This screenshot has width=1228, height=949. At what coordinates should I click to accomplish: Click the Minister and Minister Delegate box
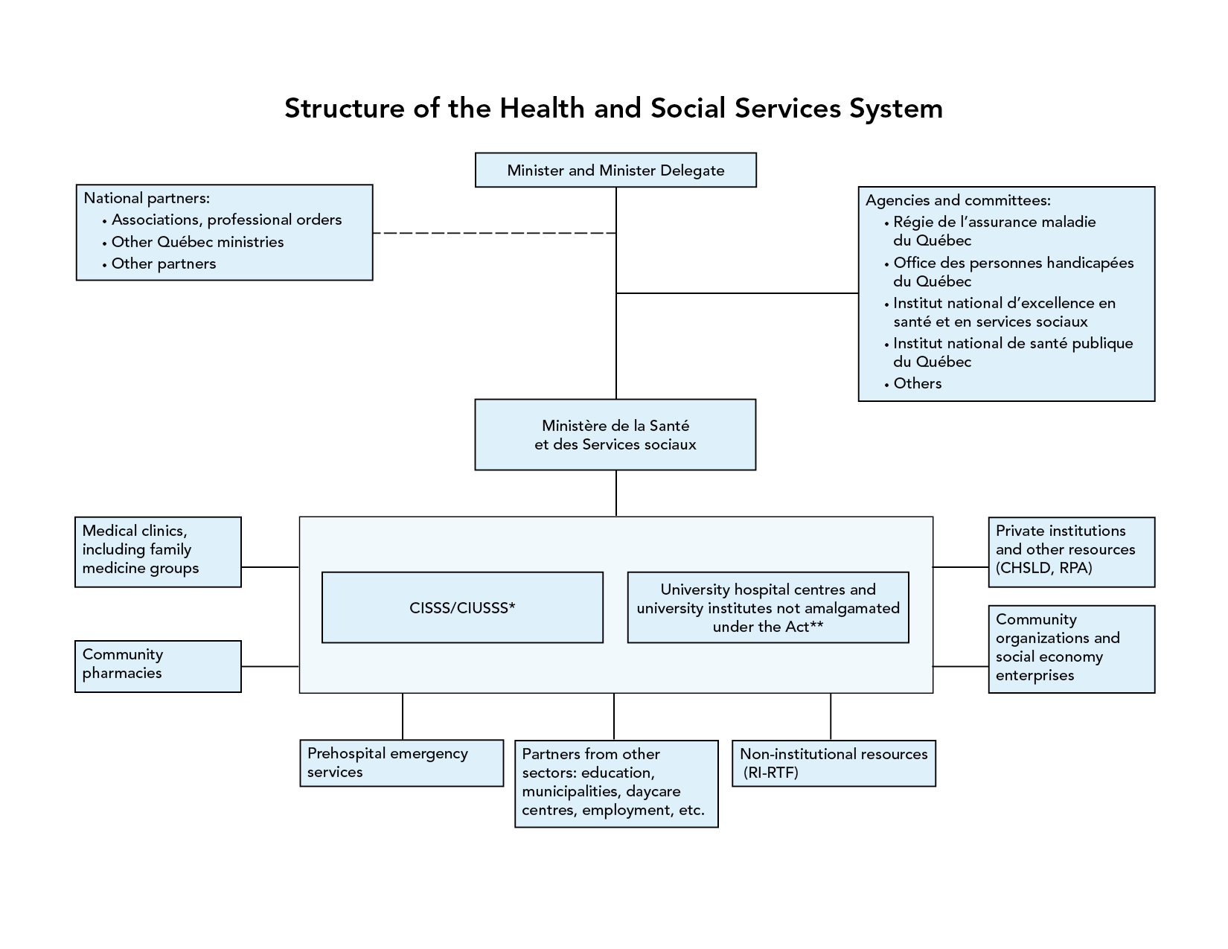(615, 170)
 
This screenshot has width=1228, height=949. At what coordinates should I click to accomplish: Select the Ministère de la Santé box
(615, 435)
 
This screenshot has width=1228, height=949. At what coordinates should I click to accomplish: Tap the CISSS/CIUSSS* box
(462, 607)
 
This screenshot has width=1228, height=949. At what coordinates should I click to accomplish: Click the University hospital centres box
(768, 607)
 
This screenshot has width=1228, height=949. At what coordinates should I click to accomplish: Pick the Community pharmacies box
(159, 666)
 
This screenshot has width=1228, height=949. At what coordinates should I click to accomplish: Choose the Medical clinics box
(159, 552)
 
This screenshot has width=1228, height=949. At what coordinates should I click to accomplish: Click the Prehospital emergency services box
(402, 762)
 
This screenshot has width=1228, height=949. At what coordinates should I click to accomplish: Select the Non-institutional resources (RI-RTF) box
(834, 763)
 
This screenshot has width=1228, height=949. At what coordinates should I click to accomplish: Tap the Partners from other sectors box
(616, 784)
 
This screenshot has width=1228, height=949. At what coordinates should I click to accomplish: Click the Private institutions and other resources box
(1072, 552)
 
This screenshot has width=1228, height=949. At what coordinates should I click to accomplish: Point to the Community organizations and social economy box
(1072, 649)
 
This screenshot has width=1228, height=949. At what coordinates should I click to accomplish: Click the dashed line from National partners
(494, 233)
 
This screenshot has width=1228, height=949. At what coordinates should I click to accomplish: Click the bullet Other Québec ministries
(193, 242)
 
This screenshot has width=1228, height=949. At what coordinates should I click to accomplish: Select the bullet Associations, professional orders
(222, 220)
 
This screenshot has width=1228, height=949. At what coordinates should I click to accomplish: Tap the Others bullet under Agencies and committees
(912, 383)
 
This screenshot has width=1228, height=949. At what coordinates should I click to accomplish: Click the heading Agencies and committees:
(958, 200)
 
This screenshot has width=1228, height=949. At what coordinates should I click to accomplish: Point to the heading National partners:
(147, 198)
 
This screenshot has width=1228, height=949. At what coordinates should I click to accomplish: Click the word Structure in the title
(345, 108)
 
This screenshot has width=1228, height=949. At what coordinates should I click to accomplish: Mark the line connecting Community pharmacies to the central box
(270, 666)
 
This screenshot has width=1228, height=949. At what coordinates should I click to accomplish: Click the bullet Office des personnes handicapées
(1008, 272)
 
